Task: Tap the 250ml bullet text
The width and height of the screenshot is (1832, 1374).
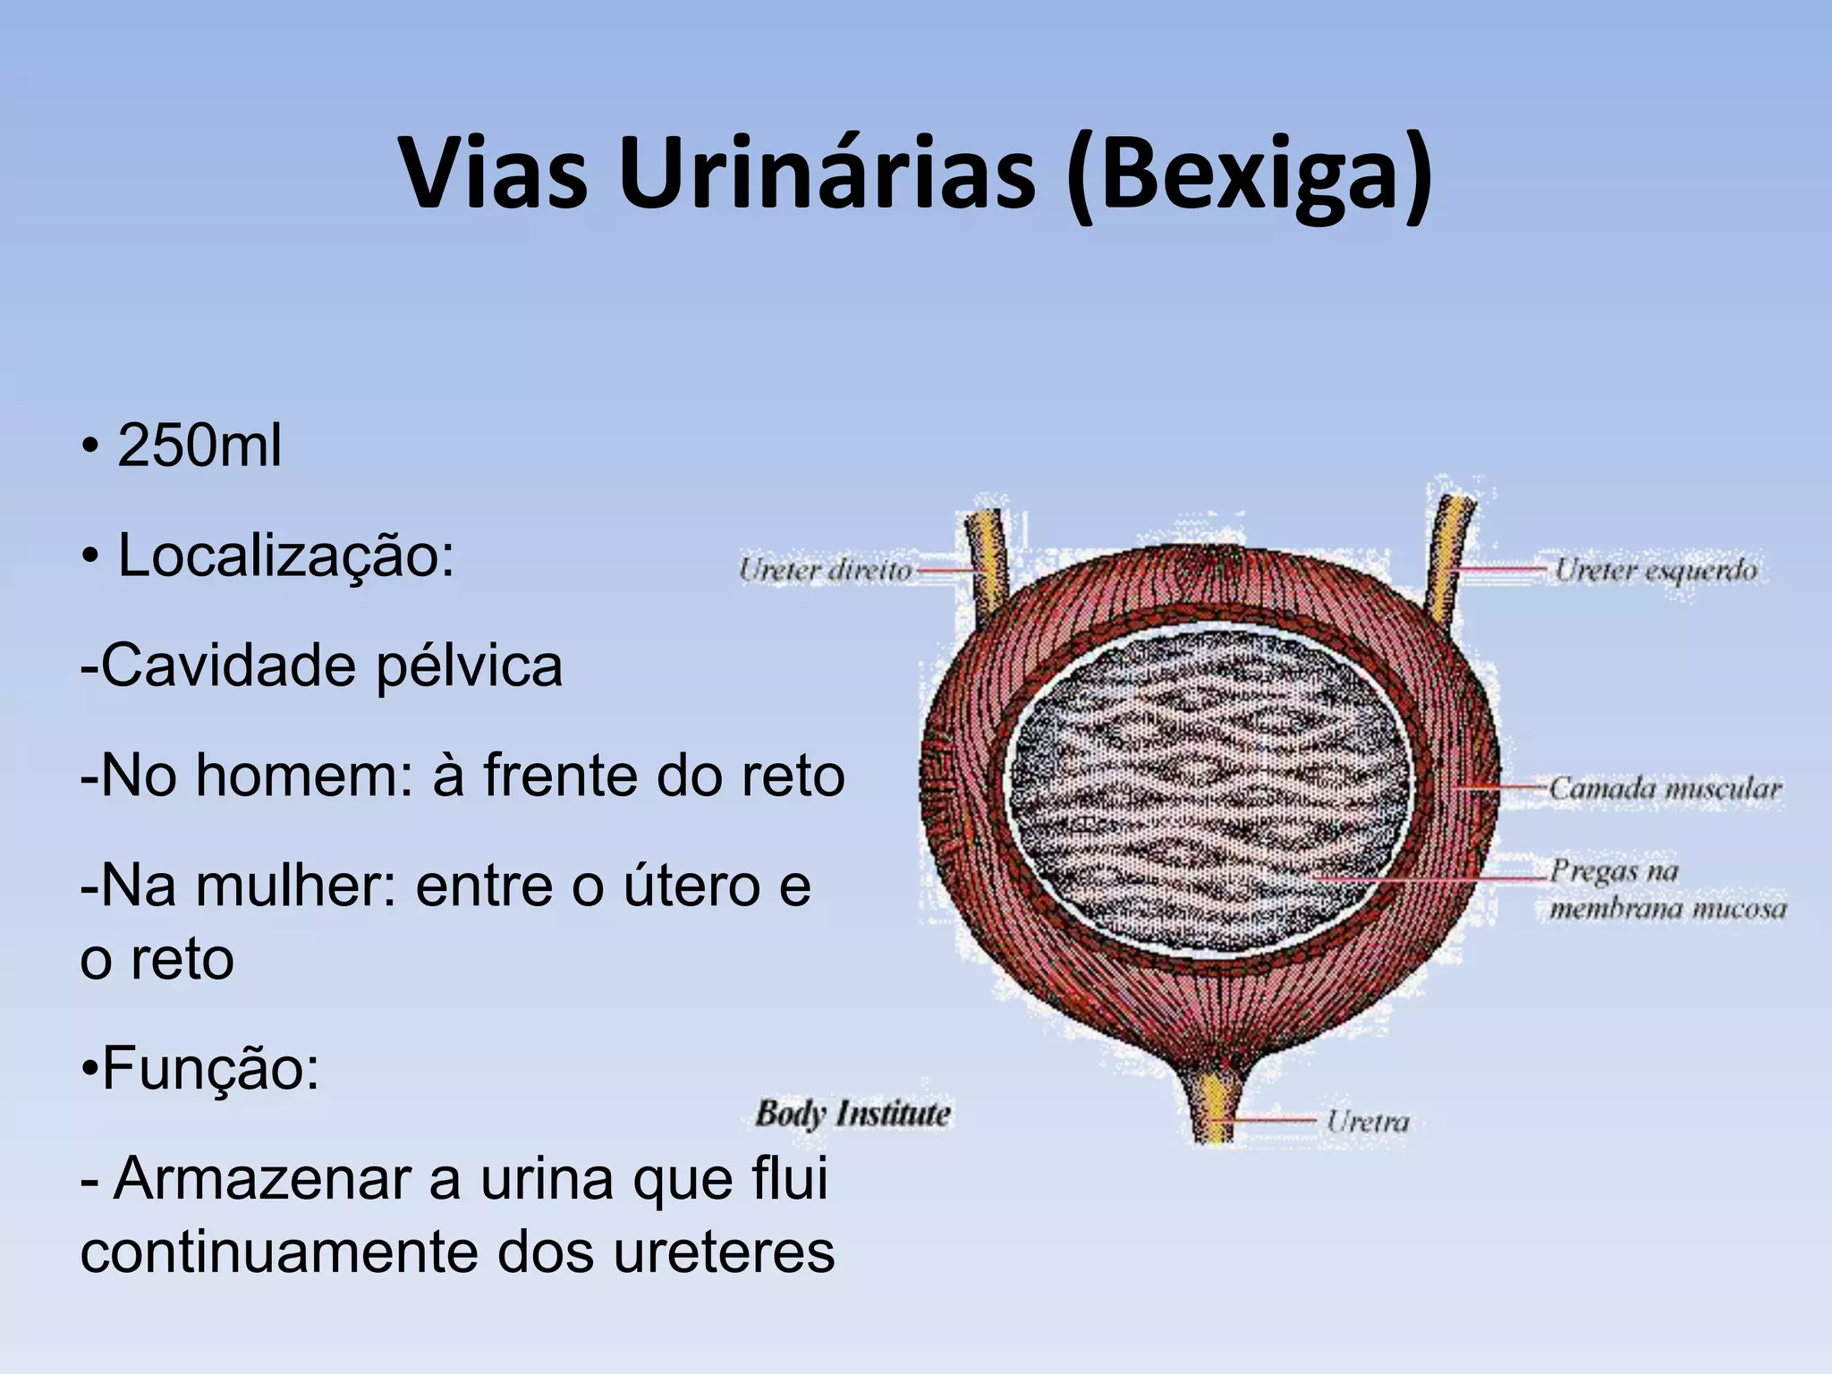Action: [x=199, y=445]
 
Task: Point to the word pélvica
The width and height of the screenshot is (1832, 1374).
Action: [x=469, y=667]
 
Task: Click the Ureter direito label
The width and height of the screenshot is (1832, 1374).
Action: [x=825, y=570]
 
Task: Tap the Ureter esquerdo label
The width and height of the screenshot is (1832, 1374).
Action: [x=1655, y=570]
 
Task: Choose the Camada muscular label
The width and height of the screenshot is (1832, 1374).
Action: [x=1665, y=789]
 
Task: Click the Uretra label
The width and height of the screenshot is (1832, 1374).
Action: [x=1367, y=1122]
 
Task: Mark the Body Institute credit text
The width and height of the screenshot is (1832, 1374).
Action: [x=852, y=1115]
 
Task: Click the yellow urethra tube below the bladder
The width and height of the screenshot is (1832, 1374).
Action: [x=1215, y=1109]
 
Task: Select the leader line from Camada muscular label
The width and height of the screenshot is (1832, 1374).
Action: [x=1503, y=788]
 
